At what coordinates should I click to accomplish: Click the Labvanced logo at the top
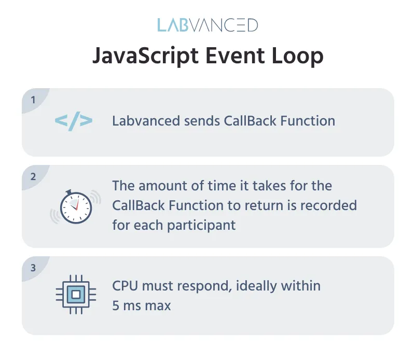pyautogui.click(x=208, y=25)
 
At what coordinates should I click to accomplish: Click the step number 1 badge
pyautogui.click(x=33, y=100)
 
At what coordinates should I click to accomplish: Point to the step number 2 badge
pyautogui.click(x=33, y=176)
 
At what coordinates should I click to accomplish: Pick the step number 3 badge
pyautogui.click(x=33, y=268)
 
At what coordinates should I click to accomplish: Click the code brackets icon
pyautogui.click(x=74, y=121)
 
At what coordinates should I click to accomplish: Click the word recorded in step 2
pyautogui.click(x=332, y=205)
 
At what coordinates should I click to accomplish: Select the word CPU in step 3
pyautogui.click(x=125, y=286)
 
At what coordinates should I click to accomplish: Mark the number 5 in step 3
pyautogui.click(x=116, y=306)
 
